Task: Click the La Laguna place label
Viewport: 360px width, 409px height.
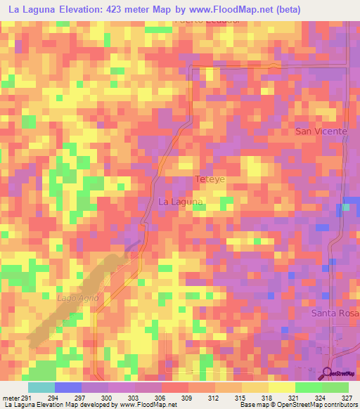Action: coord(181,202)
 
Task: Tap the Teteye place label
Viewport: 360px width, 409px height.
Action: coord(210,179)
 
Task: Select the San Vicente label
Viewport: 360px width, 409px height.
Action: coord(321,131)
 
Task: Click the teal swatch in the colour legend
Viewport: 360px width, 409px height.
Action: coord(41,387)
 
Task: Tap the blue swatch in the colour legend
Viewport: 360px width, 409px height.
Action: coord(68,387)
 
